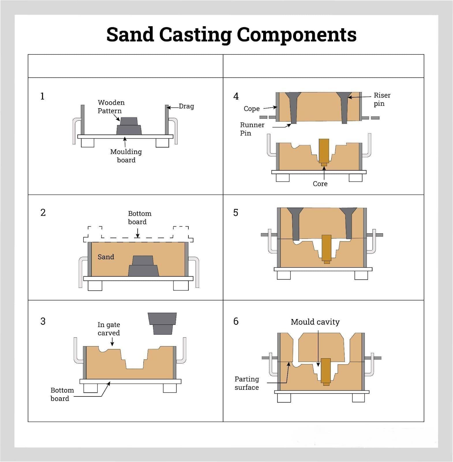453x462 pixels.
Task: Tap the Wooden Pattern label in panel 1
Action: [111, 107]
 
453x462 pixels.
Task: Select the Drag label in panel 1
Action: [186, 106]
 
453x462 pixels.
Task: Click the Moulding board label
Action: [126, 156]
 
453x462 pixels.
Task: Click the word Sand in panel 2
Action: [106, 257]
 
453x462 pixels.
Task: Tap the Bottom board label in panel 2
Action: [140, 218]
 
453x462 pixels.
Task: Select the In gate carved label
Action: [109, 329]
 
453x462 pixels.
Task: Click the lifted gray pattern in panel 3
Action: [162, 323]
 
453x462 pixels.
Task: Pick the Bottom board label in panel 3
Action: [62, 394]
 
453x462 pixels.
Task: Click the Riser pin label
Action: [382, 99]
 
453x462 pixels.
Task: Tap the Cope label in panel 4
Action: [252, 109]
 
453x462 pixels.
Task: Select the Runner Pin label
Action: [252, 129]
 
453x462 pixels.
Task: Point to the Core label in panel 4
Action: [320, 184]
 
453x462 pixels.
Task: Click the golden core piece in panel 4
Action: [324, 152]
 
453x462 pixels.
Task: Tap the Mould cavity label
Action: [315, 322]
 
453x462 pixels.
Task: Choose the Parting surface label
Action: [247, 383]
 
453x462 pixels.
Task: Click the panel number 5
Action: [236, 213]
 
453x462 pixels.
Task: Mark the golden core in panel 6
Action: [326, 371]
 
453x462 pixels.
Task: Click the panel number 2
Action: [43, 213]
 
